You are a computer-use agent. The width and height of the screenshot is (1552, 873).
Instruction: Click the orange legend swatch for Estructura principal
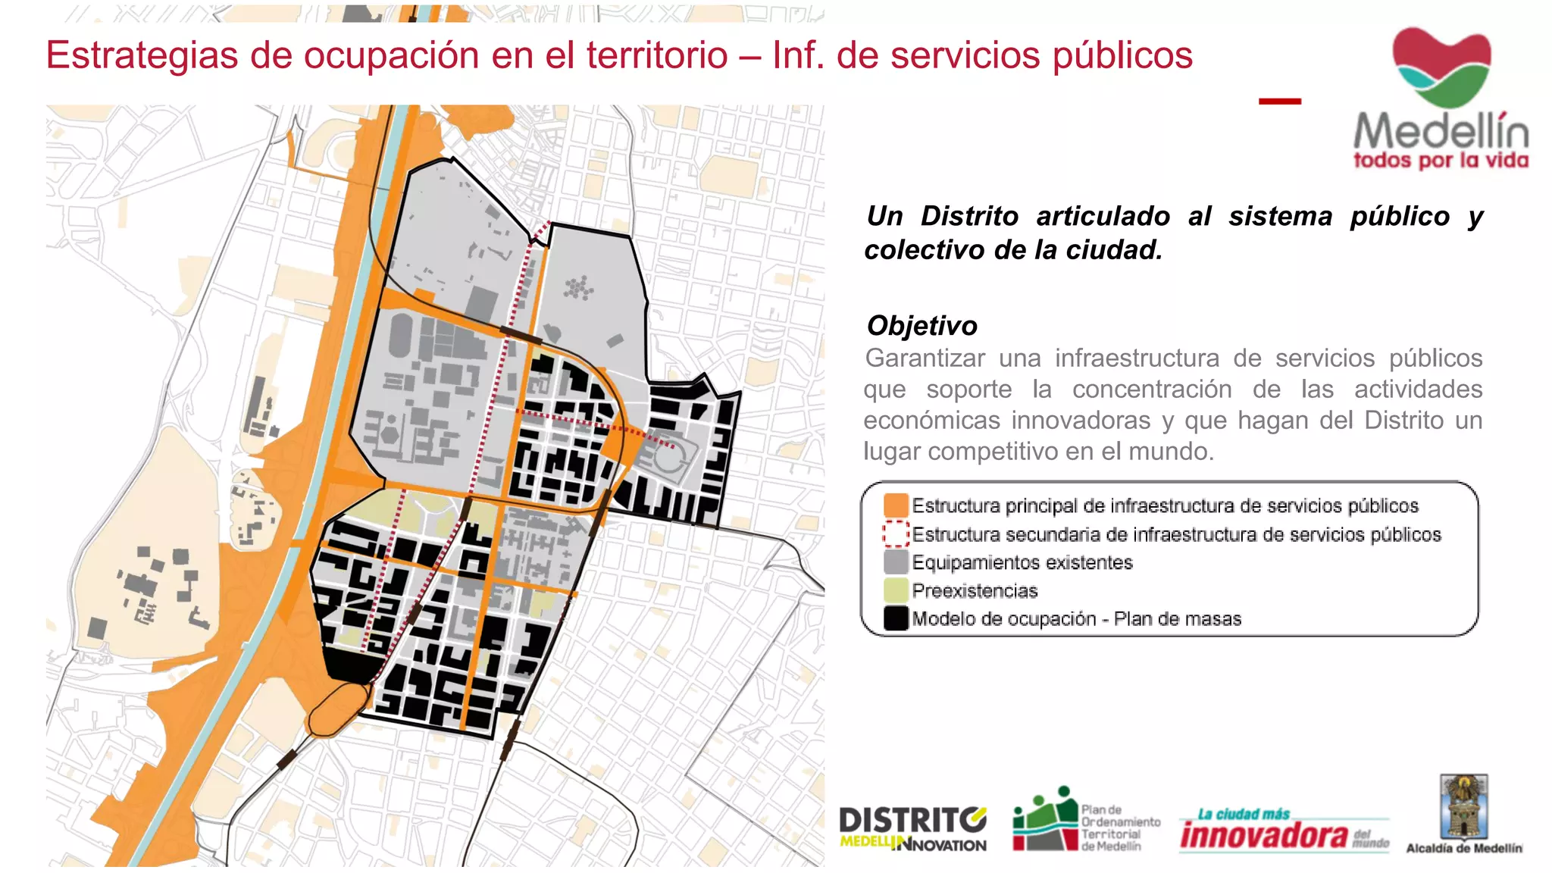coord(896,505)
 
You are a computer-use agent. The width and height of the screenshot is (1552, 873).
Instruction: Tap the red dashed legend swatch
coord(896,533)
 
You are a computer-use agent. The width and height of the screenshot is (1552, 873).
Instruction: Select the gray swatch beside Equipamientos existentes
coord(896,562)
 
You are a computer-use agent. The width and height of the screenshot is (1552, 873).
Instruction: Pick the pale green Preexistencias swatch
coord(896,590)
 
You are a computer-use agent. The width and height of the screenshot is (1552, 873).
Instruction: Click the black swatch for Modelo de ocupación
coord(896,618)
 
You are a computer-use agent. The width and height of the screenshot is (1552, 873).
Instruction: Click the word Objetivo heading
coord(921,326)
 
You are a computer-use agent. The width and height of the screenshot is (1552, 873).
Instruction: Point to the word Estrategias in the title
coord(142,55)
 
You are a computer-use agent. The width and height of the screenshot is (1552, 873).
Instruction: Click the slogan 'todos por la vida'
coord(1441,161)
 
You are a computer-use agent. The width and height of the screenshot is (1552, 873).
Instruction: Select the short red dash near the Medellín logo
coord(1279,101)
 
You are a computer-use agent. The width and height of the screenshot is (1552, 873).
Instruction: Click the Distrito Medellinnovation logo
coord(912,829)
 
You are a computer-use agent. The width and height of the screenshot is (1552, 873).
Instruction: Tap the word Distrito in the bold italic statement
coord(969,216)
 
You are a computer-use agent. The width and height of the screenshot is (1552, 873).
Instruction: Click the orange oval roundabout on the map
coord(336,709)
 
